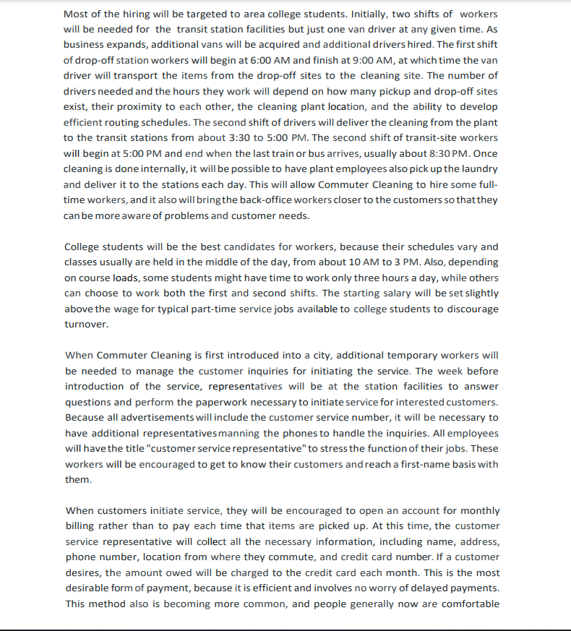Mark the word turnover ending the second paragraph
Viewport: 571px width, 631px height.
(x=86, y=325)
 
